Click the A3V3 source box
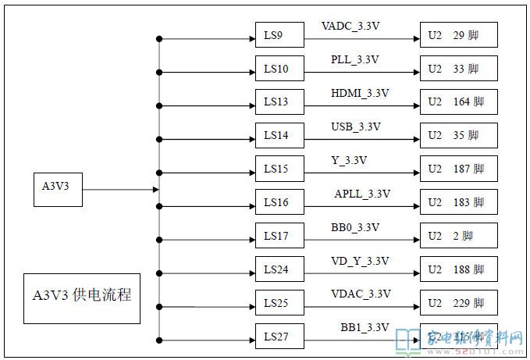58,188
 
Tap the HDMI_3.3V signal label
360,93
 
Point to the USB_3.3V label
355,127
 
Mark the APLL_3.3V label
362,194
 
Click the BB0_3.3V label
355,227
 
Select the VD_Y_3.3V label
360,261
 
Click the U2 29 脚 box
458,36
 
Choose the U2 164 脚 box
458,102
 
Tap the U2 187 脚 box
458,169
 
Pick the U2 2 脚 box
458,236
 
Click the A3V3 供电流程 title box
82,296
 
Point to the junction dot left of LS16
159,206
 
